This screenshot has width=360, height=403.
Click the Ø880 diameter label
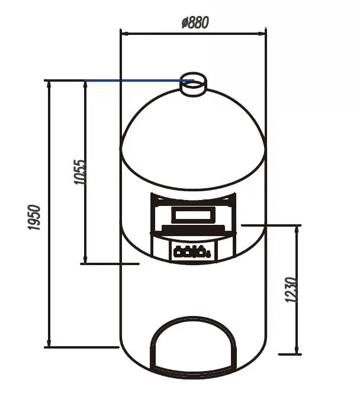pos(195,22)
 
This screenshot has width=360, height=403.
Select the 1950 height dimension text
pos(34,217)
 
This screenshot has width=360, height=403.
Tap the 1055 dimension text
pos(79,172)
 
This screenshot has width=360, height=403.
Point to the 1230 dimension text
pos(291,289)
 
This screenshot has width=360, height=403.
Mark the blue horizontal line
pos(139,80)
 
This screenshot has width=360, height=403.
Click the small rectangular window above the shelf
pos(193,215)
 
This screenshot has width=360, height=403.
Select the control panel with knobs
pos(193,252)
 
